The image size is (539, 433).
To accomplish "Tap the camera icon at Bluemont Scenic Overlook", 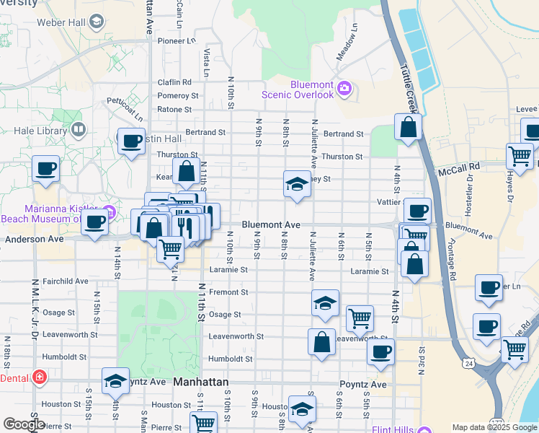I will point(345,89).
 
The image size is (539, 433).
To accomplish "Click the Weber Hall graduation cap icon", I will point(96,20).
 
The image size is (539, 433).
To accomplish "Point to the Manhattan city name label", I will point(200,382).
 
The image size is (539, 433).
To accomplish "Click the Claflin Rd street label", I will point(174,82).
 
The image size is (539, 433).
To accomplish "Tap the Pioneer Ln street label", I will point(177,40).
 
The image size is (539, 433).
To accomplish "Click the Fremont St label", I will point(228,292).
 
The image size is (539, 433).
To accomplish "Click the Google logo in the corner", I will point(23,424).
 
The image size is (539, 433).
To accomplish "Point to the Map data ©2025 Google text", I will point(494,427).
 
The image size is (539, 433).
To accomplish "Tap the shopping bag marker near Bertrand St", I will point(408,128).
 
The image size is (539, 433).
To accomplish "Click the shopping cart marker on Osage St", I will point(360,318).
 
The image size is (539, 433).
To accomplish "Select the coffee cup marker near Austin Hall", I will point(130,141).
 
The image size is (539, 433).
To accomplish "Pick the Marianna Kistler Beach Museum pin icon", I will point(109,211).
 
